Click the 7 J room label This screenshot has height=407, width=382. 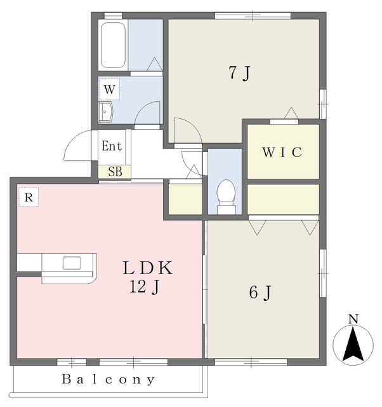[x=240, y=73]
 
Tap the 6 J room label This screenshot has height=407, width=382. [x=260, y=293]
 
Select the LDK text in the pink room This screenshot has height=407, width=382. [x=148, y=268]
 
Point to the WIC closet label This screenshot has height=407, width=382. [x=282, y=152]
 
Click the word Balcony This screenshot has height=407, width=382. [x=109, y=380]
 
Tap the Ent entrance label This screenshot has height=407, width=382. [x=112, y=146]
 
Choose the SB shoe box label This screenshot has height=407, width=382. [x=115, y=172]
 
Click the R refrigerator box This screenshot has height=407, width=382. [x=29, y=197]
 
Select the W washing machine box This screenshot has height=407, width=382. [x=110, y=89]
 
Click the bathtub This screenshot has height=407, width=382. [x=113, y=45]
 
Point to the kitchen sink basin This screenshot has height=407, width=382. [x=72, y=263]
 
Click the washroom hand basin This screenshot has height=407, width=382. [x=105, y=112]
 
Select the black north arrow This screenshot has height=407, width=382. [x=353, y=344]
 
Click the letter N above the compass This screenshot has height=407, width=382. [x=353, y=319]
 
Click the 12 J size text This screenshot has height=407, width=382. [x=144, y=287]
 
